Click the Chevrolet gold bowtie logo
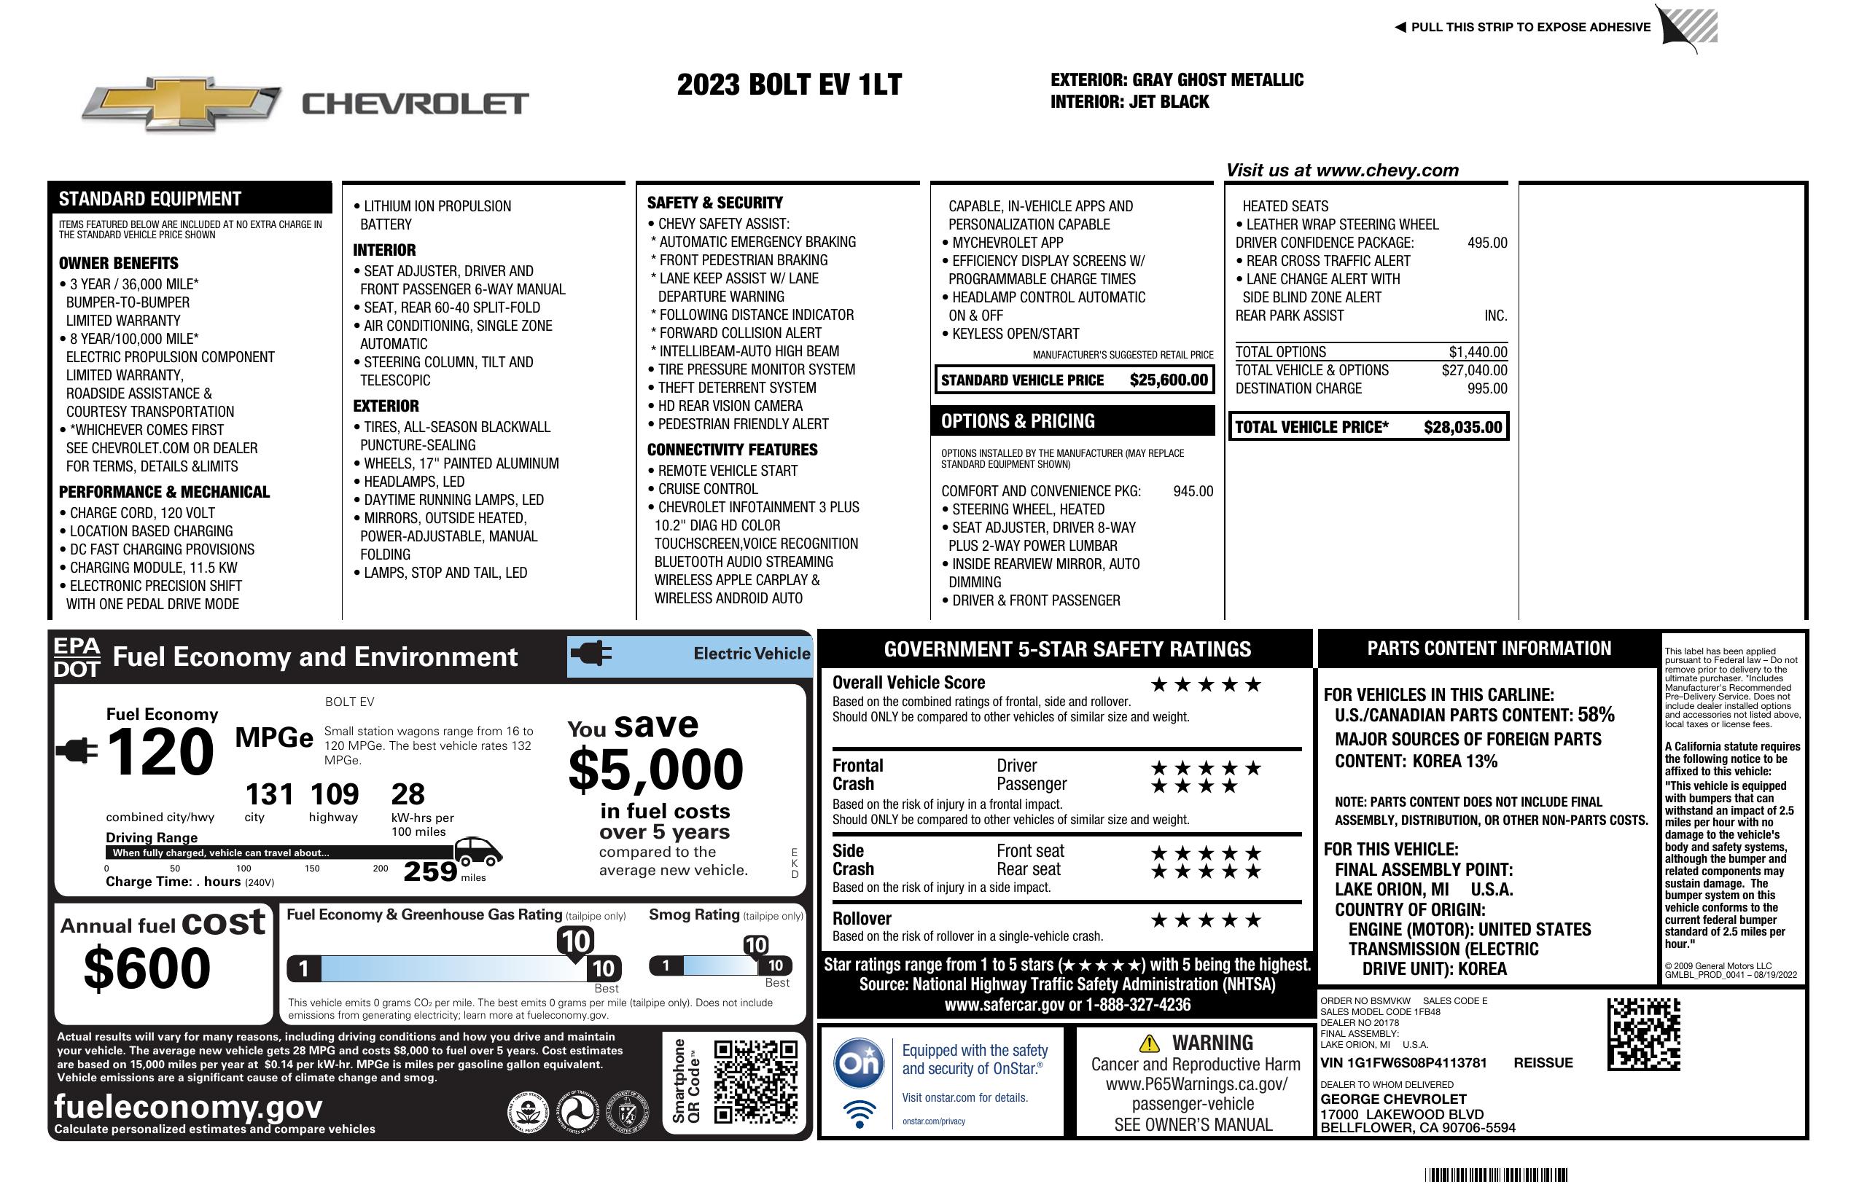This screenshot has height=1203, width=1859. pos(182,103)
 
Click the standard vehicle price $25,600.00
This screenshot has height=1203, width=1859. pos(1169,380)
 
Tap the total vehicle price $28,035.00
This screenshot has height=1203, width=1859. pos(1462,427)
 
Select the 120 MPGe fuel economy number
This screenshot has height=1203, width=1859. pos(160,751)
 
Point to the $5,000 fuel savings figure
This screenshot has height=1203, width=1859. pos(655,769)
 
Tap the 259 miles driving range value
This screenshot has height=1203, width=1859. pos(430,871)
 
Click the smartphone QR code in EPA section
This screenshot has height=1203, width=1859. pos(755,1081)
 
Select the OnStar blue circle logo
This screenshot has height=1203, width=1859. pos(859,1062)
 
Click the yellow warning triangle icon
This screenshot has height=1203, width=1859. pos(1149,1043)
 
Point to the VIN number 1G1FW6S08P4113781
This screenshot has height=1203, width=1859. pos(1403,1062)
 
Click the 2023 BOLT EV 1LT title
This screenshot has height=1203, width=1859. pos(789,85)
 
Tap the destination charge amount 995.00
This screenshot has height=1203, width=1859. pos(1487,389)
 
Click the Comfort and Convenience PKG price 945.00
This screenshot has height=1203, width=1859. pos(1193,491)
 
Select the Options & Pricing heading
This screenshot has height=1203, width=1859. pos(1017,422)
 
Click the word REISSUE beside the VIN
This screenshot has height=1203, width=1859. pos(1543,1062)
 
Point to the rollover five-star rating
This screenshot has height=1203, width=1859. pos(1206,920)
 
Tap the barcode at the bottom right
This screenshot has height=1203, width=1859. pos(1495,1175)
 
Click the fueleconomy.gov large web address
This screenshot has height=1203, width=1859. pos(188,1106)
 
